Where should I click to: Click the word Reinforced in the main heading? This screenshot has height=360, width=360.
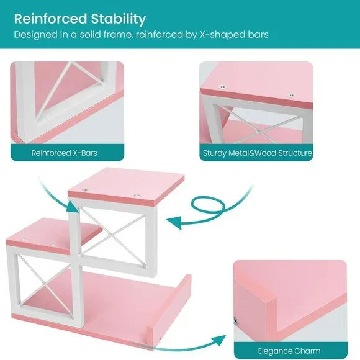point(50,19)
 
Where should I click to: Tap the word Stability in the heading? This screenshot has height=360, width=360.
point(119,19)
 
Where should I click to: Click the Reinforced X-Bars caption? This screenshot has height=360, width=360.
point(65,153)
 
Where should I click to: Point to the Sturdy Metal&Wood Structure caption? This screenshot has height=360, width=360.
point(258,153)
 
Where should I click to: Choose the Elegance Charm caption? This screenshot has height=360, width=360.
point(289,351)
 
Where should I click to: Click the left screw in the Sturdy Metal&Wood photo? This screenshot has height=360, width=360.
point(222,87)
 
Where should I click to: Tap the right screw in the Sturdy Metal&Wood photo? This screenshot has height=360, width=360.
point(291,96)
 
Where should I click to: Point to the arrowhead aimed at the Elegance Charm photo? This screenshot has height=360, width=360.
point(218,340)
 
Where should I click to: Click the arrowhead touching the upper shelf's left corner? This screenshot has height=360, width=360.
point(73,206)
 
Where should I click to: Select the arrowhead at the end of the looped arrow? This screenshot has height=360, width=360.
point(174,222)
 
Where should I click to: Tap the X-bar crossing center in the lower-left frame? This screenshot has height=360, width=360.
point(45,286)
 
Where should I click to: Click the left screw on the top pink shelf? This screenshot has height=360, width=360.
point(86,191)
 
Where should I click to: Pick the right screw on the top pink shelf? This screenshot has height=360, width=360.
point(137,196)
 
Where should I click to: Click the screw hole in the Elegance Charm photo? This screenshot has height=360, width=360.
point(236,321)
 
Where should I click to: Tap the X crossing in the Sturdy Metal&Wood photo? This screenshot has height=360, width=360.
point(259,132)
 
